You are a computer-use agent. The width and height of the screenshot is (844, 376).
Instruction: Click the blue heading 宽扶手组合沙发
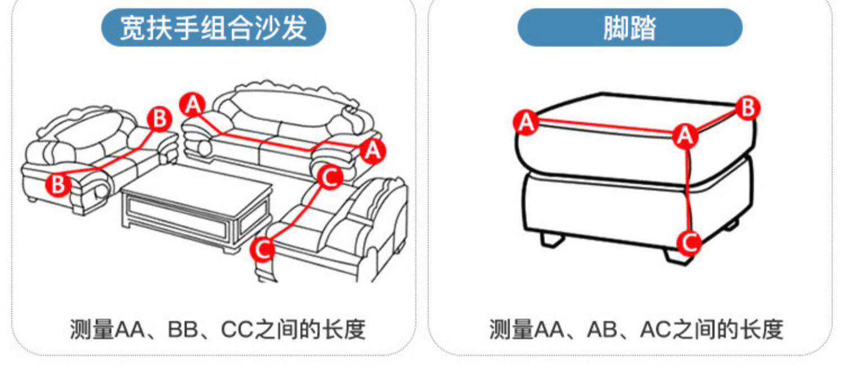click(213, 28)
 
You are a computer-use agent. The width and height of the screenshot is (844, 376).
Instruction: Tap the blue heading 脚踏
click(630, 28)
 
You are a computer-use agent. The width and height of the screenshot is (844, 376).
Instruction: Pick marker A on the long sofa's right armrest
click(372, 151)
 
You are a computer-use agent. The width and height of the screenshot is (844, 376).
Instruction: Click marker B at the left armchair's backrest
click(160, 119)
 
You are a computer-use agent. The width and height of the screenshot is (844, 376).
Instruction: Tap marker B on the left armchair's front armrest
click(59, 184)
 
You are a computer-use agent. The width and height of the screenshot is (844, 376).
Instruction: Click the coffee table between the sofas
click(197, 208)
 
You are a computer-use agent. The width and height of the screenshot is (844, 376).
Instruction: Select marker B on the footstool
click(747, 108)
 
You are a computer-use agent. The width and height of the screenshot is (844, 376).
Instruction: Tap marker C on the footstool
click(688, 243)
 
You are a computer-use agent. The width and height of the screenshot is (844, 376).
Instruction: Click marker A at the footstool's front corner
click(685, 136)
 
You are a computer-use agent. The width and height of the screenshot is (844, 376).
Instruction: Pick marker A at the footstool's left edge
click(527, 122)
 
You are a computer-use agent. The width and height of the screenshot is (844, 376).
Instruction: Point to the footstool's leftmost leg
click(552, 239)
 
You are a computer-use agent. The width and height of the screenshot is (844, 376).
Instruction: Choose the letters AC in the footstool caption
click(656, 329)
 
